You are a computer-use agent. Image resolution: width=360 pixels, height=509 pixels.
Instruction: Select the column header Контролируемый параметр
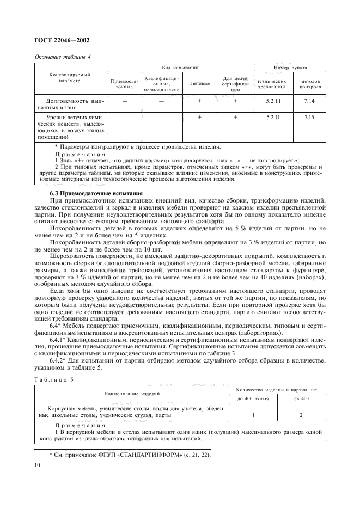(70, 77)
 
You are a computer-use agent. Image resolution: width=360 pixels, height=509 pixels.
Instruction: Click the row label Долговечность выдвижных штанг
(70, 103)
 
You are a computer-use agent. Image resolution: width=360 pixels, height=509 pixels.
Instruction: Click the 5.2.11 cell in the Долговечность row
(271, 101)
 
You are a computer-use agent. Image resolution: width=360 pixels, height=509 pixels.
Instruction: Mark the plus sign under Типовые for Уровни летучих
(199, 117)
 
